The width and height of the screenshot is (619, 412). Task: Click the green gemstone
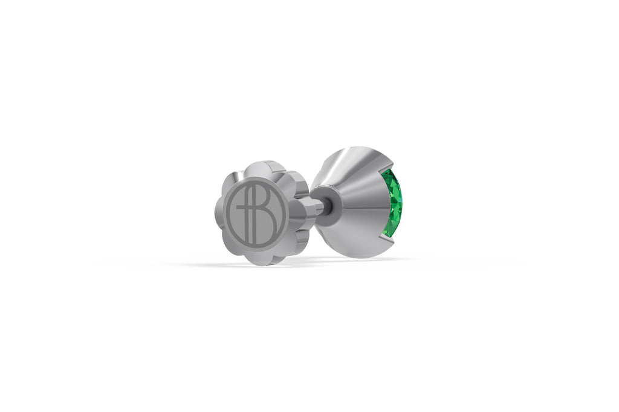(x=394, y=203)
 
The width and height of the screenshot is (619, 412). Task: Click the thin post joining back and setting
(x=327, y=207)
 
